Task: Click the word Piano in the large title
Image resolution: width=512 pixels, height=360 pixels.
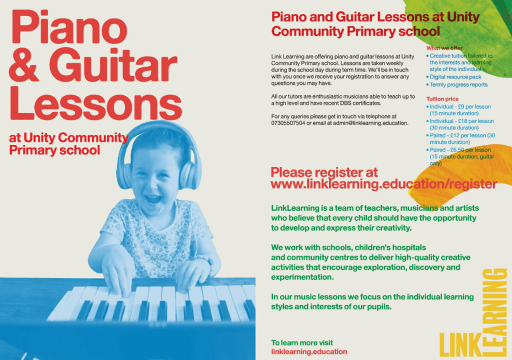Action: pyautogui.click(x=69, y=27)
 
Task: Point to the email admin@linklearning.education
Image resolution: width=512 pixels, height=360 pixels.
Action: pyautogui.click(x=370, y=123)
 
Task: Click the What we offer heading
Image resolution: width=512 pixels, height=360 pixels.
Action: pyautogui.click(x=444, y=48)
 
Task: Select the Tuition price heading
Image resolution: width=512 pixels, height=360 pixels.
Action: pyautogui.click(x=442, y=98)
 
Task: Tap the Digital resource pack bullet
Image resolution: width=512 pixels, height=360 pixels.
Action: pyautogui.click(x=455, y=77)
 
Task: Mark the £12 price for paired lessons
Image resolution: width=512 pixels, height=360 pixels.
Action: pyautogui.click(x=455, y=135)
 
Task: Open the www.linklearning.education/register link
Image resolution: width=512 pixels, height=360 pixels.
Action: pyautogui.click(x=383, y=184)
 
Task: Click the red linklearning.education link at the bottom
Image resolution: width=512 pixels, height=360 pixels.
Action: pyautogui.click(x=309, y=351)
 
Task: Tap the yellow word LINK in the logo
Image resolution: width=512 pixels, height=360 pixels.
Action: pyautogui.click(x=460, y=344)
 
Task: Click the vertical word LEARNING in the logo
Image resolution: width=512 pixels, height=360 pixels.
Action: pyautogui.click(x=494, y=312)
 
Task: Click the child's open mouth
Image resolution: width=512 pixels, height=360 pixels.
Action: pyautogui.click(x=153, y=198)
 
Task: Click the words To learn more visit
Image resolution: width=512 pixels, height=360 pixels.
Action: pyautogui.click(x=302, y=342)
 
